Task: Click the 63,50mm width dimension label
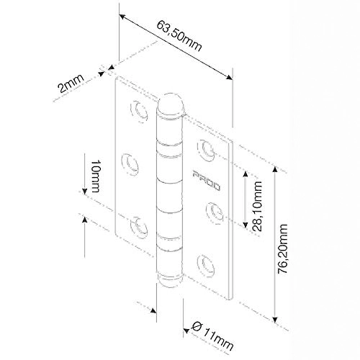pos(179,36)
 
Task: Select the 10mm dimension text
pos(95,176)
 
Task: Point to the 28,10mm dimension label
pos(258,206)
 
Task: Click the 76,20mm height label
pos(282,249)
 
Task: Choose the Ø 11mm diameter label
pos(212,336)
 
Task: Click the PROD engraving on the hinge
pos(206,181)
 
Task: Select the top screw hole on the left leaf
pos(139,112)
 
